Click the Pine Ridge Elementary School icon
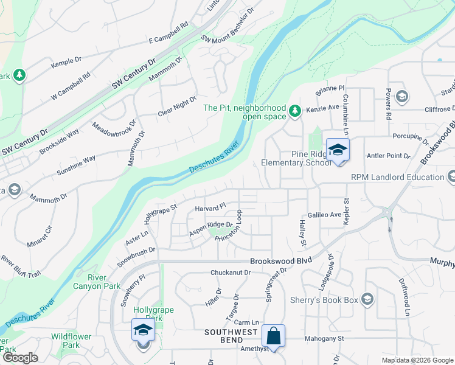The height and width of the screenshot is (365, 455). tap(338, 150)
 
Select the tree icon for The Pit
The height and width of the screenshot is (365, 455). tap(295, 110)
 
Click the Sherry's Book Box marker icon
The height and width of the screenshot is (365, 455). tap(367, 299)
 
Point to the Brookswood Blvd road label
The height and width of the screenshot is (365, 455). tap(280, 260)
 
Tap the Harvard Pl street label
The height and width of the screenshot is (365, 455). tap(210, 208)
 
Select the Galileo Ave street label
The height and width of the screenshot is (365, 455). tap(324, 215)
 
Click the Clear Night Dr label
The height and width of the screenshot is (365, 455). tap(178, 106)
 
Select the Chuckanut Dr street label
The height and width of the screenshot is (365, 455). tap(231, 273)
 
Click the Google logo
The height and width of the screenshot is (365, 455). tap(19, 358)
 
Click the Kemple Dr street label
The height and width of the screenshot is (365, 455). tap(66, 61)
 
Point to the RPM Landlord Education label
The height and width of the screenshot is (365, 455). tap(397, 177)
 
